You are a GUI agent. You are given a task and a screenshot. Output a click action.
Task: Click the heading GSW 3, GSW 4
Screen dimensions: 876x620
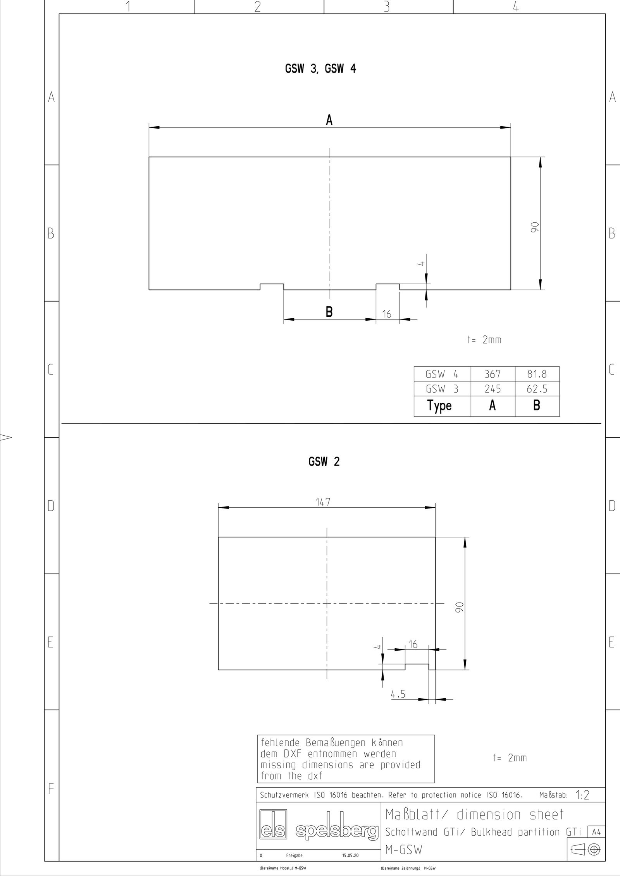pyautogui.click(x=320, y=69)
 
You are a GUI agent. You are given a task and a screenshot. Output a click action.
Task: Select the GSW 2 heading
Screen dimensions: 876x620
pyautogui.click(x=324, y=462)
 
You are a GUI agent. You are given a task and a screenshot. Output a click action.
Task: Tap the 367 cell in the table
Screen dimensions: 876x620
pyautogui.click(x=493, y=374)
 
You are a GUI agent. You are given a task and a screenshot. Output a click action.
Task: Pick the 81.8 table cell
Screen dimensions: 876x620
pyautogui.click(x=537, y=374)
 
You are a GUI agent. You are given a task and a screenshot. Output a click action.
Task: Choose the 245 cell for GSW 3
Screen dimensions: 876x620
pyautogui.click(x=493, y=388)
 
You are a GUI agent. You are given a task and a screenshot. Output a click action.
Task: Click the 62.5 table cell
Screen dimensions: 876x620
pyautogui.click(x=537, y=388)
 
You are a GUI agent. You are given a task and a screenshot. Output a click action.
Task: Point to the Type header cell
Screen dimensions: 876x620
pyautogui.click(x=439, y=405)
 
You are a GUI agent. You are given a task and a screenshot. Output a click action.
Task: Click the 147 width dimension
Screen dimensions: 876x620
pyautogui.click(x=323, y=502)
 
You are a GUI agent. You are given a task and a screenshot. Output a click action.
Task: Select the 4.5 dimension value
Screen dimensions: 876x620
pyautogui.click(x=398, y=694)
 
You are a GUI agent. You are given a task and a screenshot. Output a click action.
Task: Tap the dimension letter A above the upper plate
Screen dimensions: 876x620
pyautogui.click(x=329, y=121)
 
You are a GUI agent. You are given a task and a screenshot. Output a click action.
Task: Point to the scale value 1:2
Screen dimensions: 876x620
pyautogui.click(x=582, y=795)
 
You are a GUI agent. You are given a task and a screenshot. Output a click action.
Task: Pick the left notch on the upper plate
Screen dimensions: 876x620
pyautogui.click(x=272, y=287)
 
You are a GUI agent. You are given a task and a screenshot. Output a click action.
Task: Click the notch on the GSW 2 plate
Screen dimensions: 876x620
pyautogui.click(x=417, y=666)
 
